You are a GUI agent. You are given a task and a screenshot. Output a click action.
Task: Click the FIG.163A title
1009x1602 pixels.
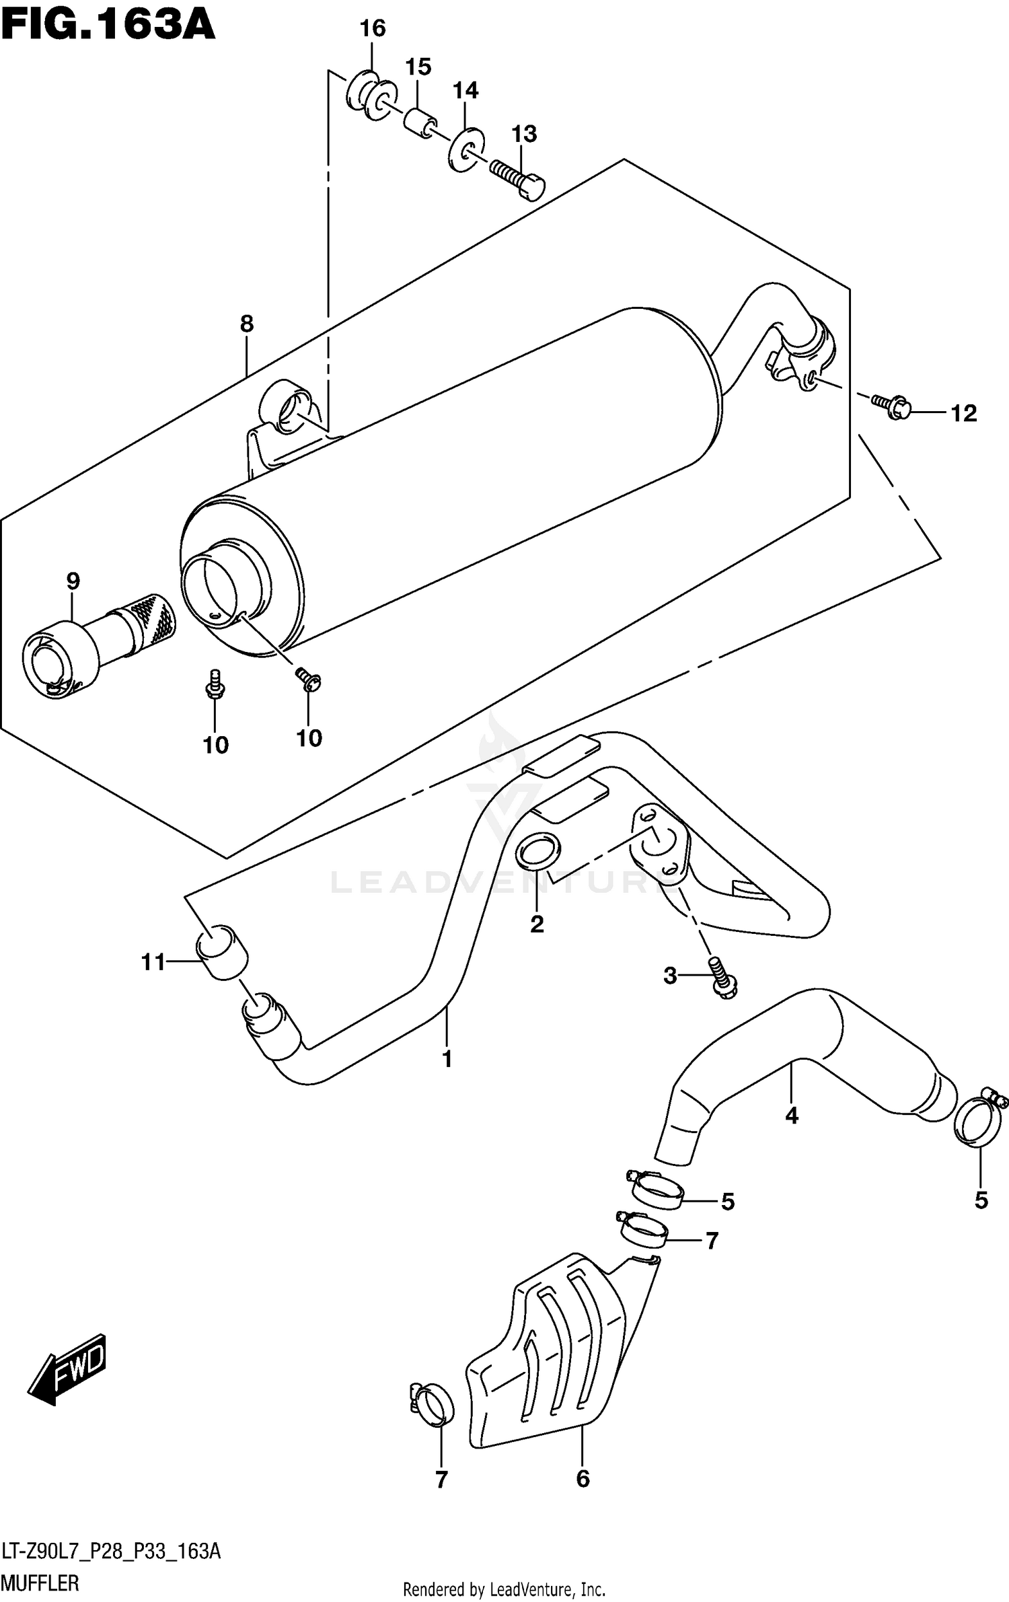[108, 26]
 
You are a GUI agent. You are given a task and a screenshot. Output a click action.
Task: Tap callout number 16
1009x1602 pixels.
[372, 29]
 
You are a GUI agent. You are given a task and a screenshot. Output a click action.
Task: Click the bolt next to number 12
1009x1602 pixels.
[890, 406]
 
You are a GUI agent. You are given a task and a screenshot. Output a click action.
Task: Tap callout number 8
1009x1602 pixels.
[247, 324]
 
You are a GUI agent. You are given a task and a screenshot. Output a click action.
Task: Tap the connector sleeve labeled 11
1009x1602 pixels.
[222, 953]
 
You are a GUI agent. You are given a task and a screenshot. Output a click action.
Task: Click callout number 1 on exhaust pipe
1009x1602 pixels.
[447, 1060]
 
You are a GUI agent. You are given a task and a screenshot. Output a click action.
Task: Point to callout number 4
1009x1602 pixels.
[792, 1116]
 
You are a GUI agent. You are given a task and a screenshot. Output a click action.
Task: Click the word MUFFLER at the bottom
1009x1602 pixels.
[40, 1583]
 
